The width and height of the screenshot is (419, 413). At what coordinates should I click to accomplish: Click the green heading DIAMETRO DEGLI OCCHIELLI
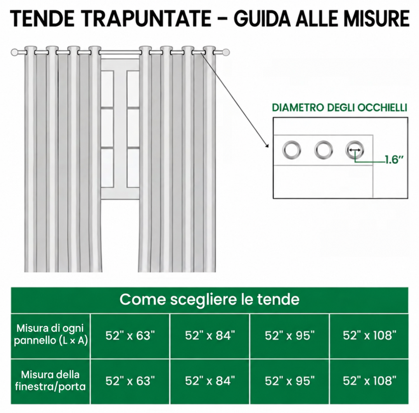click(339, 108)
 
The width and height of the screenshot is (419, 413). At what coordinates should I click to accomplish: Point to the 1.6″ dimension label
click(394, 160)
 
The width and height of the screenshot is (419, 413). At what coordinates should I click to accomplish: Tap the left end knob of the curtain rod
click(14, 52)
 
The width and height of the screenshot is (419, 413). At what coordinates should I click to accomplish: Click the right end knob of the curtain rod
click(226, 52)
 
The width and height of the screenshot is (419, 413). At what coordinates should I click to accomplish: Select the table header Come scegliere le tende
click(209, 299)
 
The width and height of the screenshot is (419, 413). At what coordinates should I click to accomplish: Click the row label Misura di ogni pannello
click(51, 334)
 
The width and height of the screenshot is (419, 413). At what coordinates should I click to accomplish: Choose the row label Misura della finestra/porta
click(50, 380)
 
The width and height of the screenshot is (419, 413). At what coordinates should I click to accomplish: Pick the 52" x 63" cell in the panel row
click(130, 335)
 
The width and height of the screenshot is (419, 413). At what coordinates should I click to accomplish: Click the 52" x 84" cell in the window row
click(210, 381)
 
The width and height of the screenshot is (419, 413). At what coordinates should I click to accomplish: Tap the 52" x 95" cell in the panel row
click(290, 335)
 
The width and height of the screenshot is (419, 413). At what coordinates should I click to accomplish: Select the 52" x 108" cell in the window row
click(369, 381)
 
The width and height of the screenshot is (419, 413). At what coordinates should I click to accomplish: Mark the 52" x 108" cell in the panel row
click(369, 335)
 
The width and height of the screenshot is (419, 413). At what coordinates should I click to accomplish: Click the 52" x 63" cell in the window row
click(130, 381)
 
